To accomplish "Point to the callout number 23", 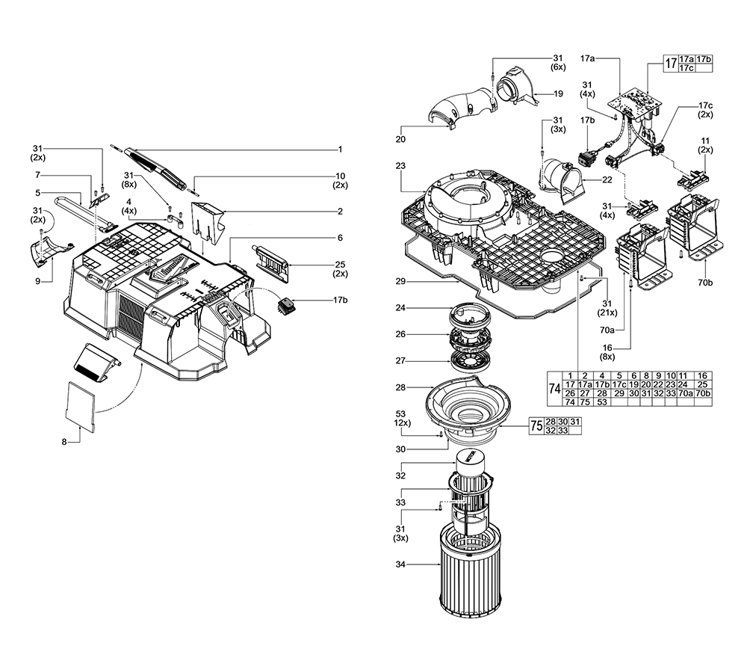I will [x=400, y=166].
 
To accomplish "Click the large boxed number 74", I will [x=553, y=389].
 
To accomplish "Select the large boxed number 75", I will [x=535, y=426].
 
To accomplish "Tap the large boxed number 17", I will [x=670, y=63].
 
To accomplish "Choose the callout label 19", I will [x=558, y=93].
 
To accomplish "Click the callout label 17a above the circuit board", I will [x=589, y=58].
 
